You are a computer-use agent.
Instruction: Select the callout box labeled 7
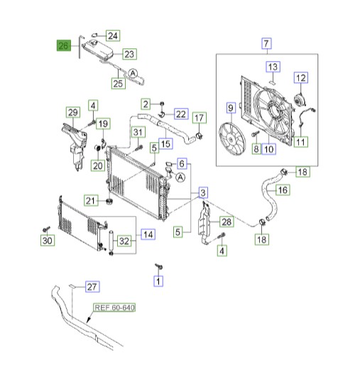pyautogui.click(x=266, y=43)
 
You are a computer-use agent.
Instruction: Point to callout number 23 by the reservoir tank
pyautogui.click(x=129, y=53)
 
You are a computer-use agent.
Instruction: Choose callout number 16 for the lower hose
pyautogui.click(x=282, y=190)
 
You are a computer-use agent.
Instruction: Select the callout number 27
pyautogui.click(x=91, y=287)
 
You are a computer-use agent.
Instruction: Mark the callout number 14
pyautogui.click(x=147, y=234)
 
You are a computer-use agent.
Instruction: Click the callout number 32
pyautogui.click(x=124, y=240)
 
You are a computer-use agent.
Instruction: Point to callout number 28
pyautogui.click(x=227, y=222)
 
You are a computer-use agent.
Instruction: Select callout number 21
pyautogui.click(x=90, y=201)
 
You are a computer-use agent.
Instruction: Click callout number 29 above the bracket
pyautogui.click(x=72, y=112)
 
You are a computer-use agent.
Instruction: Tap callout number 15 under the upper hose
pyautogui.click(x=165, y=143)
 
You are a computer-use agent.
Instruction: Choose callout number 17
pyautogui.click(x=200, y=118)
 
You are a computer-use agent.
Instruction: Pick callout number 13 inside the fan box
pyautogui.click(x=273, y=67)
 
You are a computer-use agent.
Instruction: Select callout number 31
pyautogui.click(x=137, y=131)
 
